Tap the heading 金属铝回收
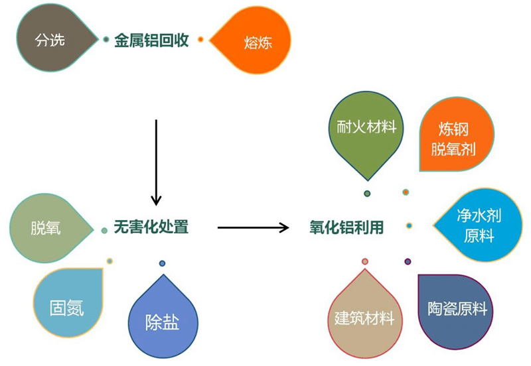152,40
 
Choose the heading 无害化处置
151,227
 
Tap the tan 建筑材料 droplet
364,316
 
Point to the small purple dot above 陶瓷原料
408,261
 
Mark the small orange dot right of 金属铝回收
201,40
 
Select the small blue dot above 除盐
162,263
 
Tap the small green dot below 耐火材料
367,193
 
